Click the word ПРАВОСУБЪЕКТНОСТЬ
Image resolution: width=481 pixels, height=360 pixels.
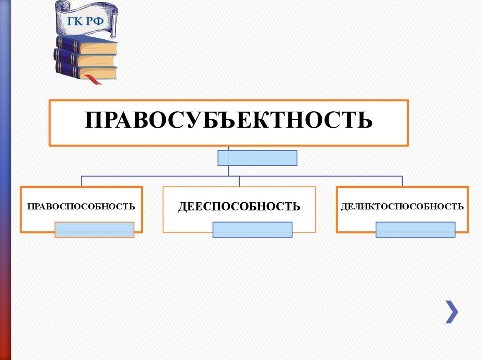point(229,120)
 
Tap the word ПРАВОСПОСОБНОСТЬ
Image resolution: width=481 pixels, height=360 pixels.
point(81,206)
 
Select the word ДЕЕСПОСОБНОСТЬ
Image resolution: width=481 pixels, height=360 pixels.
point(239,206)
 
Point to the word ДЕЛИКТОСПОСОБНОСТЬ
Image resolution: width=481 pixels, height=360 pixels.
point(402,206)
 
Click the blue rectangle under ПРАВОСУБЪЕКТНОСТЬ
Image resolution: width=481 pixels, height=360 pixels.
point(257,158)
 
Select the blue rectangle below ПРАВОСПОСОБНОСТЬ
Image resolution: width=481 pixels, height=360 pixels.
point(94,230)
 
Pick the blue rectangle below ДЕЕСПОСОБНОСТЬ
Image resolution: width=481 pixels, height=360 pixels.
point(252,230)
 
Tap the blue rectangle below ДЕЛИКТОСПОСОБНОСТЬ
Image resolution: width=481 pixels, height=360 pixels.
point(415,230)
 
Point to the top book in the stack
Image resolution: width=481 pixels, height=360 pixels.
point(87,45)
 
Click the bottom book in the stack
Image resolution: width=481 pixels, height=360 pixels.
point(87,71)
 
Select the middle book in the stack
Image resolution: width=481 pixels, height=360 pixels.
point(85,58)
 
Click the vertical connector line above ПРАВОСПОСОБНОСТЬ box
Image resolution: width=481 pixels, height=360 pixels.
point(81,181)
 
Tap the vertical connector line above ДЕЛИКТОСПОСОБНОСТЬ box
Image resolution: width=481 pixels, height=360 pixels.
point(402,181)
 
